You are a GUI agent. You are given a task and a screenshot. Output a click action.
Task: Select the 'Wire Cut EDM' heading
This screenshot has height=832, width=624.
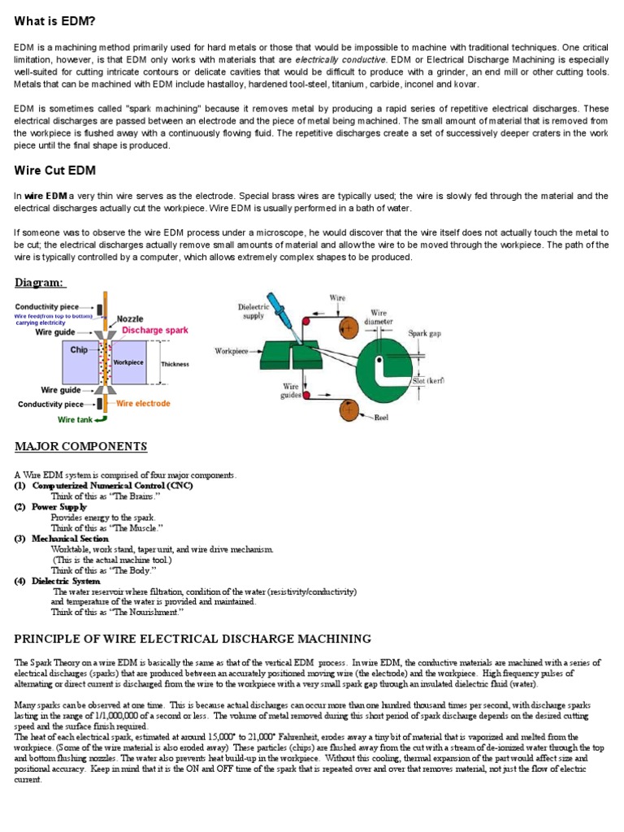(x=55, y=171)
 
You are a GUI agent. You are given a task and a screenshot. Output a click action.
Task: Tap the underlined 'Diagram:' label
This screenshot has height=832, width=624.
(x=40, y=282)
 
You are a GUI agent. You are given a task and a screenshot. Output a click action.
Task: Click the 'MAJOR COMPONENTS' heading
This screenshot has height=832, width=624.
(x=81, y=446)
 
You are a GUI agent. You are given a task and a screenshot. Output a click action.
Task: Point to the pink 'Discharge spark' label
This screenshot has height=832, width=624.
(x=155, y=330)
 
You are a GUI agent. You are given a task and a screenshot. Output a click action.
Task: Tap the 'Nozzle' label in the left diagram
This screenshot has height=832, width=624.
(x=130, y=319)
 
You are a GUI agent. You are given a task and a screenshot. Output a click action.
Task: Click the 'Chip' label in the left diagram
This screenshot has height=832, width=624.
(x=79, y=350)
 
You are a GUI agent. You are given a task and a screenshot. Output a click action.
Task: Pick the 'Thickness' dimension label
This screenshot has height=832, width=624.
(x=175, y=364)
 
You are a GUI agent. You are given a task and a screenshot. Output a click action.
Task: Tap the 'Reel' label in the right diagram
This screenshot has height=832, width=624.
(x=382, y=418)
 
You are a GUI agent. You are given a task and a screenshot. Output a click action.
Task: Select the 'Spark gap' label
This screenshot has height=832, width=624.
(x=427, y=333)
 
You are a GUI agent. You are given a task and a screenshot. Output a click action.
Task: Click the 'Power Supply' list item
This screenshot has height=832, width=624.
(x=59, y=506)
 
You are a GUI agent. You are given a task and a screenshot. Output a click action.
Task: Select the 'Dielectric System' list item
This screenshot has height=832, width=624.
(x=67, y=581)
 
